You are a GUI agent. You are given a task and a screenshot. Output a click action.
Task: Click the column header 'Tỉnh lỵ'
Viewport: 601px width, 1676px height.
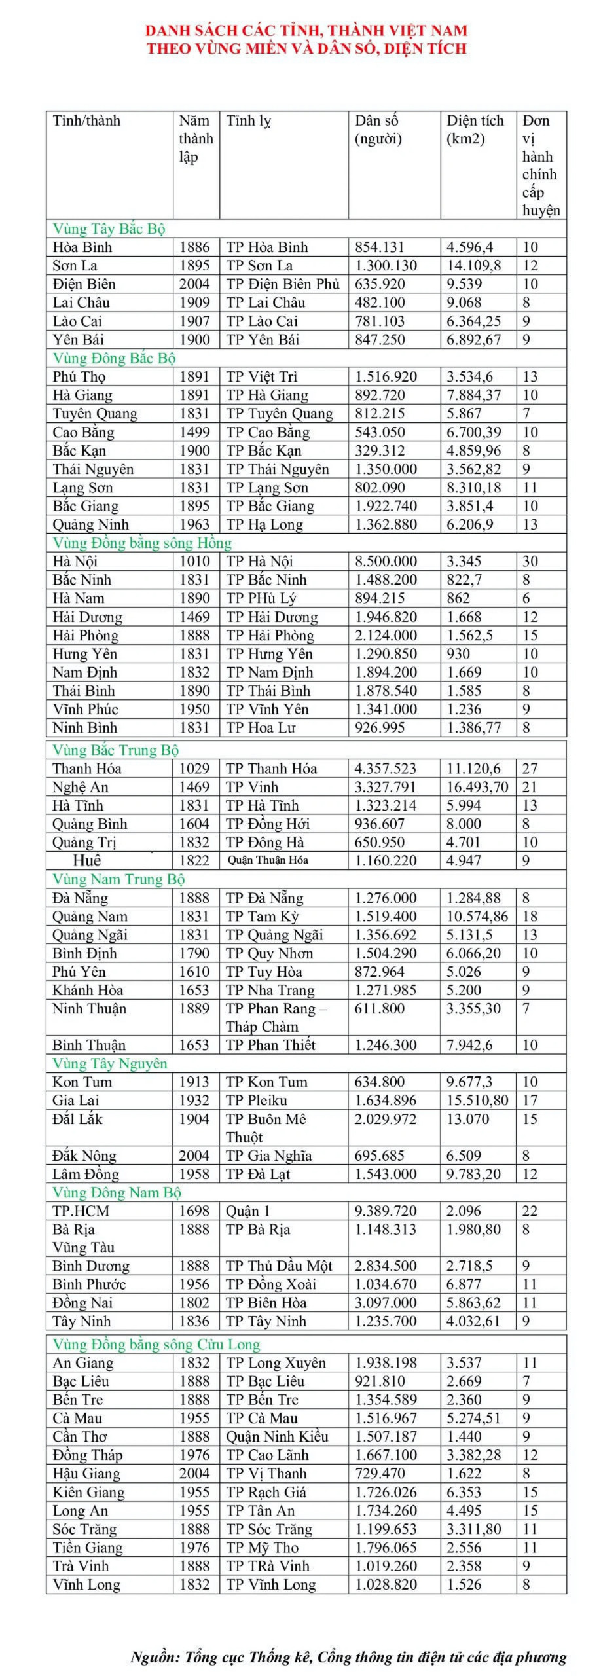248,121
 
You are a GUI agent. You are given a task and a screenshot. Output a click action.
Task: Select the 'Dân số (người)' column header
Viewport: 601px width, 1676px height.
378,130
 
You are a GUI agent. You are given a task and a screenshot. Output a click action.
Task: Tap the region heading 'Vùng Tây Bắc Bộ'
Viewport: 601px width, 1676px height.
109,228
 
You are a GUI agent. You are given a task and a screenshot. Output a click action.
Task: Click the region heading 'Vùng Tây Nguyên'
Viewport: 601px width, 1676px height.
109,1063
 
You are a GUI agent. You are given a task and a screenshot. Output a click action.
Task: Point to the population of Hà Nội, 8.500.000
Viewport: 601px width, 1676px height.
386,561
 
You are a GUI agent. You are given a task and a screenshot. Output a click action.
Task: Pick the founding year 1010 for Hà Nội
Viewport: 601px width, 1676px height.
194,561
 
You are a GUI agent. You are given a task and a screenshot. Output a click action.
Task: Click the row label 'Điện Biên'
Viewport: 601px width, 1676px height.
84,284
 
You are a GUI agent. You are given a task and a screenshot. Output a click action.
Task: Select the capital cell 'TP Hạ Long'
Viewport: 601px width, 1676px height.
264,524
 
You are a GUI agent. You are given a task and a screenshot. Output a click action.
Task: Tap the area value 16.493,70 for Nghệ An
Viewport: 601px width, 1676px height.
477,787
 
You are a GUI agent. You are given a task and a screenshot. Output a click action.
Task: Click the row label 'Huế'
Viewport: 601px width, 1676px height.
86,860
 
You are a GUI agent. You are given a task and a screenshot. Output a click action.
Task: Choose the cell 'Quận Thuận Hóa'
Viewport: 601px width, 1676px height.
268,860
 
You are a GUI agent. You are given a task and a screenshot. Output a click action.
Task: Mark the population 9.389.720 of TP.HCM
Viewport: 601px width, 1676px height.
386,1211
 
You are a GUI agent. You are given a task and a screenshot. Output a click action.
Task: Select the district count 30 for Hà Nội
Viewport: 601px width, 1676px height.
530,561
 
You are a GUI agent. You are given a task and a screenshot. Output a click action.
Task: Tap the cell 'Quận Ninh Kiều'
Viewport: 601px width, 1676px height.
277,1436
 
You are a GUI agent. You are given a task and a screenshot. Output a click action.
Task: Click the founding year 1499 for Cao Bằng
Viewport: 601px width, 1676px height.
194,432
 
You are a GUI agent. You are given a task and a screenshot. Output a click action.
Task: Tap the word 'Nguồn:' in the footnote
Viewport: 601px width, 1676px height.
155,1657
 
